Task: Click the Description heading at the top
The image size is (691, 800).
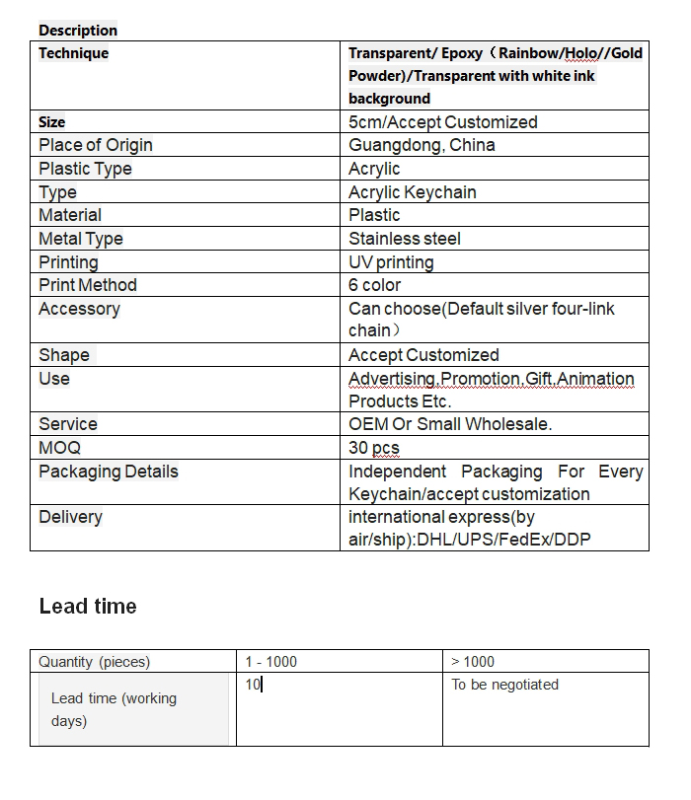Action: (78, 31)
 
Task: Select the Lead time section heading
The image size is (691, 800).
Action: (88, 607)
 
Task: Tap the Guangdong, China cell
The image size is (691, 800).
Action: (422, 145)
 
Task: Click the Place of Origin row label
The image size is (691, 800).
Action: (96, 145)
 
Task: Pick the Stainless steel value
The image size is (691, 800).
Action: (405, 239)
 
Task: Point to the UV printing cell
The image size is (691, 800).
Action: (391, 262)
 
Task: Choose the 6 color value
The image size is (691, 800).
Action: (375, 285)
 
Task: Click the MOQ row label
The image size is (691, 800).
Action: (59, 448)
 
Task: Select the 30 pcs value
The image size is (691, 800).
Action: (374, 448)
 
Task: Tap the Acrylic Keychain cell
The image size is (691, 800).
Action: (413, 192)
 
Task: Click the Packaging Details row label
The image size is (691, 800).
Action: (109, 472)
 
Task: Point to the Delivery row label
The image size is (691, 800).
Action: (70, 517)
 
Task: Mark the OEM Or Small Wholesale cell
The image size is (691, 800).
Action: (450, 424)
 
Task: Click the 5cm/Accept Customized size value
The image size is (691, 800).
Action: (443, 122)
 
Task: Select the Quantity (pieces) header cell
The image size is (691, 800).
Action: (95, 662)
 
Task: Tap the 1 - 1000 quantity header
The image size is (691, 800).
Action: (271, 662)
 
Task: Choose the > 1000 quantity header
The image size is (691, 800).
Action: (473, 662)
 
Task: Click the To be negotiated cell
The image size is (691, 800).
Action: (504, 685)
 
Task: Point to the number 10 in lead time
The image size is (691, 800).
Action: (254, 685)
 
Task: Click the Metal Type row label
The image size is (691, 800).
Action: (81, 239)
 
